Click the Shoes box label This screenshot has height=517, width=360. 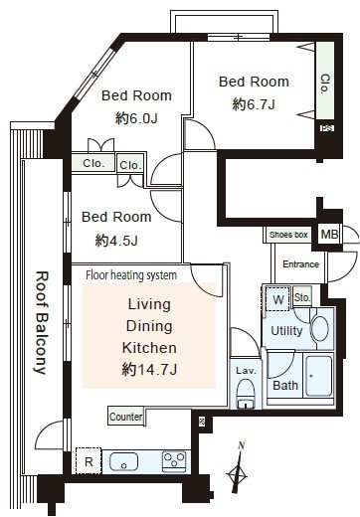(288, 235)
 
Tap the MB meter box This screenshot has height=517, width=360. (329, 235)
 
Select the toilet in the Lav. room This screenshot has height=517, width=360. (246, 394)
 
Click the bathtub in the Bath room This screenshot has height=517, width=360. (318, 376)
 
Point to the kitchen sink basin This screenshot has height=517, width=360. (123, 461)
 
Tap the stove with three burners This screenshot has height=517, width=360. (174, 461)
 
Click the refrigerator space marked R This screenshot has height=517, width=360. (89, 461)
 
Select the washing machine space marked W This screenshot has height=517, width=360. (277, 299)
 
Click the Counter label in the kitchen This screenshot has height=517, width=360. (126, 417)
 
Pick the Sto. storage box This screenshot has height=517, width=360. (302, 297)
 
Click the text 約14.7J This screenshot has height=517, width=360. (149, 369)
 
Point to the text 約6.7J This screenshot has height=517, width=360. (254, 104)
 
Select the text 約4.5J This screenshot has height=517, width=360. (116, 241)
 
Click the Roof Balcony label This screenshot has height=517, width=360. (42, 323)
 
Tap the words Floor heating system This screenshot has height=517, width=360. (131, 275)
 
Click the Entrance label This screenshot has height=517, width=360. (300, 264)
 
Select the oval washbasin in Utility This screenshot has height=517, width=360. (320, 329)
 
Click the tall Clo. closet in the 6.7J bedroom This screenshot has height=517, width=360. (325, 81)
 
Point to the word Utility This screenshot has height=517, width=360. (286, 331)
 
